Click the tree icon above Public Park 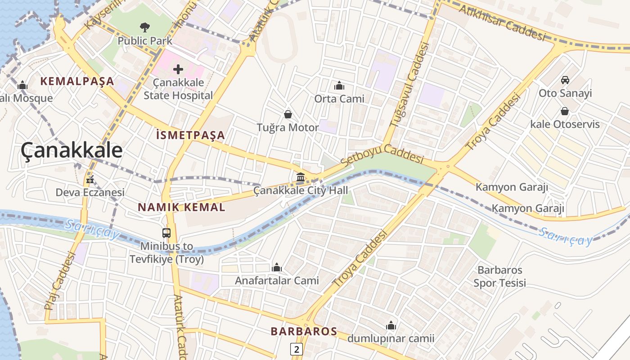click(144, 27)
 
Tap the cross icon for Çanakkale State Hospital click(178, 69)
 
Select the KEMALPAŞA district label click(77, 81)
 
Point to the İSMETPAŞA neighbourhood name click(190, 135)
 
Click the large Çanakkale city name click(72, 150)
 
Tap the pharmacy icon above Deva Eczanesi click(90, 180)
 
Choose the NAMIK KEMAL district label click(181, 207)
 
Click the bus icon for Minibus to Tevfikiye click(166, 233)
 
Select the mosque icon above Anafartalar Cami click(277, 268)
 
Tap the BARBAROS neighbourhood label click(304, 332)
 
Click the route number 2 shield click(296, 349)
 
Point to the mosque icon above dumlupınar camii click(391, 325)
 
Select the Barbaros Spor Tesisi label click(499, 276)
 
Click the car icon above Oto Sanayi click(565, 80)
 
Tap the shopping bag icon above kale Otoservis click(565, 111)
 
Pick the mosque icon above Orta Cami click(339, 85)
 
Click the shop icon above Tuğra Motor click(288, 115)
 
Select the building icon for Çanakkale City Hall click(301, 177)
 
